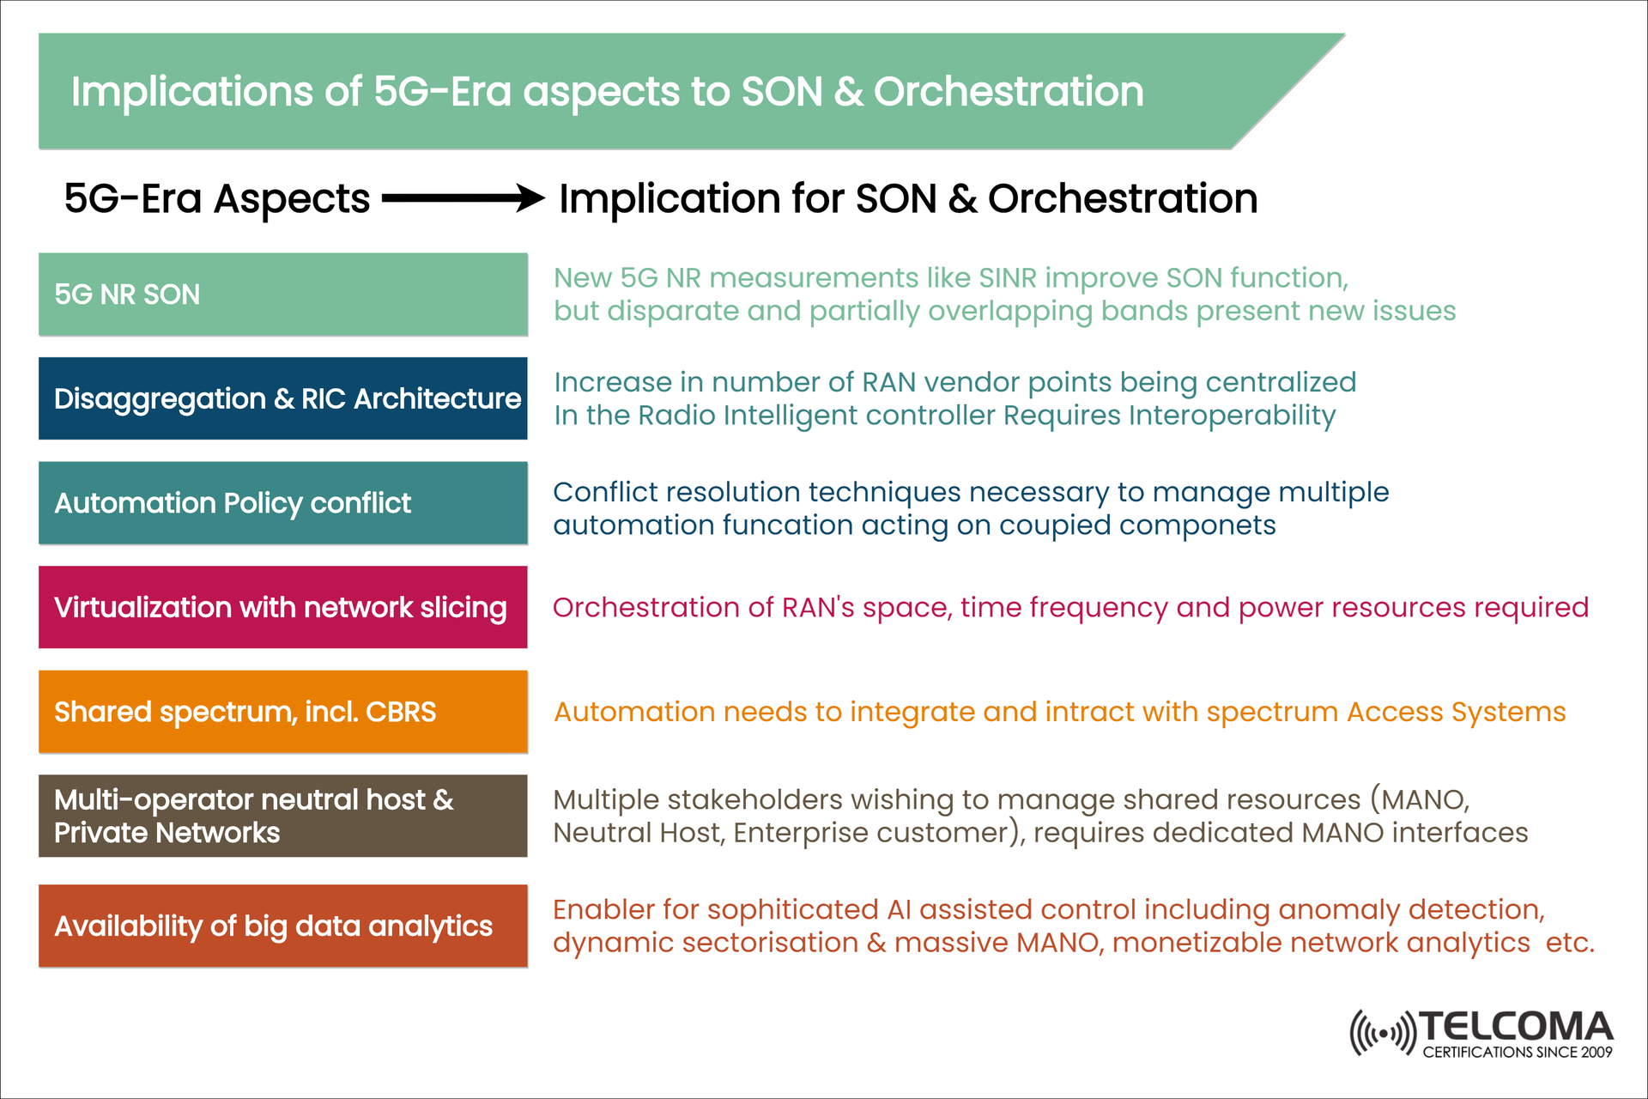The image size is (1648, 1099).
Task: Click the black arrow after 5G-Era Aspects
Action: [463, 198]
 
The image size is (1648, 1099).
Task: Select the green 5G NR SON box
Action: [282, 294]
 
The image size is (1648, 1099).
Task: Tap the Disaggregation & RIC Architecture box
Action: [282, 398]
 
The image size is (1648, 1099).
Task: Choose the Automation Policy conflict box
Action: [282, 503]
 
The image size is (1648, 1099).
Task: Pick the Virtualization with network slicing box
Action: [282, 607]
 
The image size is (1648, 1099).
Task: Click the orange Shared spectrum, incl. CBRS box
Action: [282, 712]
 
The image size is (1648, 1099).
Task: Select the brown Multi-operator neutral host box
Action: [282, 816]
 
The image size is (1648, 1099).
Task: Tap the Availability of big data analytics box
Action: [282, 926]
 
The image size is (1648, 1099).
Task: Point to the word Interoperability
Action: [1232, 416]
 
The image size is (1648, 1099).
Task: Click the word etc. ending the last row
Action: [1569, 943]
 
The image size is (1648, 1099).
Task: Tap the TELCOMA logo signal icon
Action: [1381, 1032]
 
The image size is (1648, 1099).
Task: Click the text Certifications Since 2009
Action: [1517, 1053]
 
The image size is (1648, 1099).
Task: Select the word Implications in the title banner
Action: [191, 92]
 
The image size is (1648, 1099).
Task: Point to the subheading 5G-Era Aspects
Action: [217, 198]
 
